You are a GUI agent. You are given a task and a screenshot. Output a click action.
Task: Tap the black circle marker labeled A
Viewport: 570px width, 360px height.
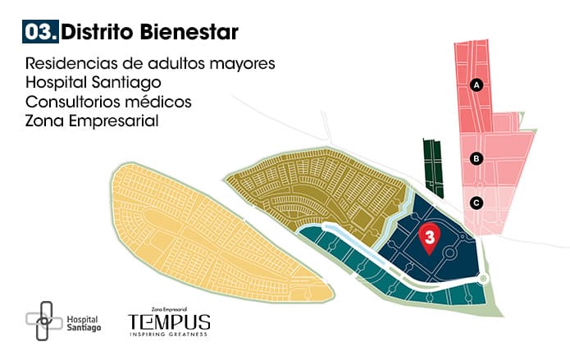[x=476, y=84]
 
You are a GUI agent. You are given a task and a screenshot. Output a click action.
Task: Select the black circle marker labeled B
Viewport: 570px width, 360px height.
[x=476, y=159]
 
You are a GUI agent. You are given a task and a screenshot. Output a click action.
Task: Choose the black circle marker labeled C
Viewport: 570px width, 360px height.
[x=477, y=202]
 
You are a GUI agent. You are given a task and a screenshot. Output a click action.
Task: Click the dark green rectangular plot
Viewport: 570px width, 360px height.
[x=432, y=166]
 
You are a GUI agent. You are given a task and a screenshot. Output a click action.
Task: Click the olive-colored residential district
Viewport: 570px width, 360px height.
[x=320, y=189]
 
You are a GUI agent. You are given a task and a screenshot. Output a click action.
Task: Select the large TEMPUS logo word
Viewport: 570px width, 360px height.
[x=168, y=321]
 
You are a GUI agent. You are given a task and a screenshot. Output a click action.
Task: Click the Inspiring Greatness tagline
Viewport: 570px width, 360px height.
[x=168, y=335]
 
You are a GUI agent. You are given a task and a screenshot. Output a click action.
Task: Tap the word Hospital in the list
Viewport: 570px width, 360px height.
[x=53, y=83]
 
